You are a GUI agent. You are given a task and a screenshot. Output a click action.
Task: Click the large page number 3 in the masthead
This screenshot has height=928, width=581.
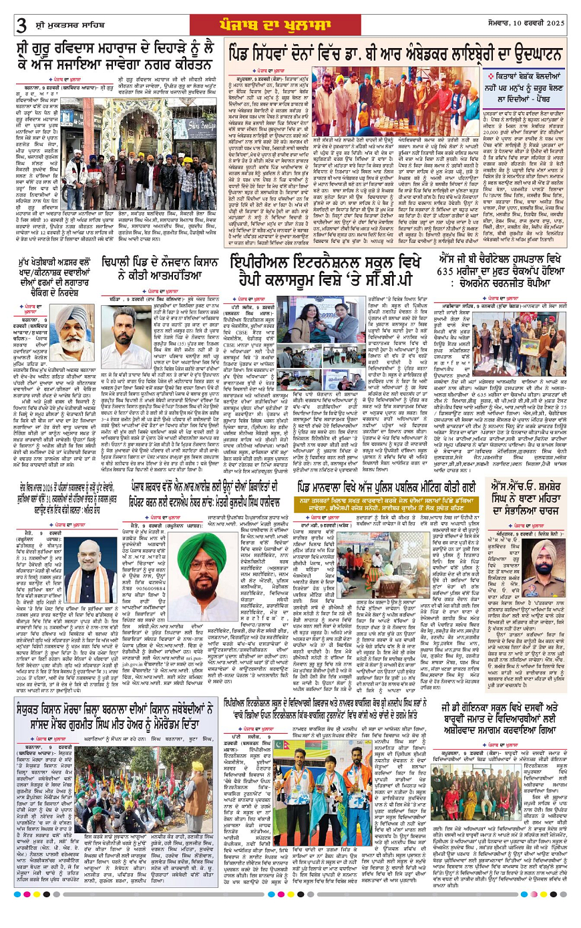[x=21, y=25]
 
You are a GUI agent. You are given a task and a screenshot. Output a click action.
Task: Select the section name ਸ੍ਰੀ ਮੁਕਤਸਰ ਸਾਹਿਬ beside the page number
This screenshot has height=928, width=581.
[x=66, y=25]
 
